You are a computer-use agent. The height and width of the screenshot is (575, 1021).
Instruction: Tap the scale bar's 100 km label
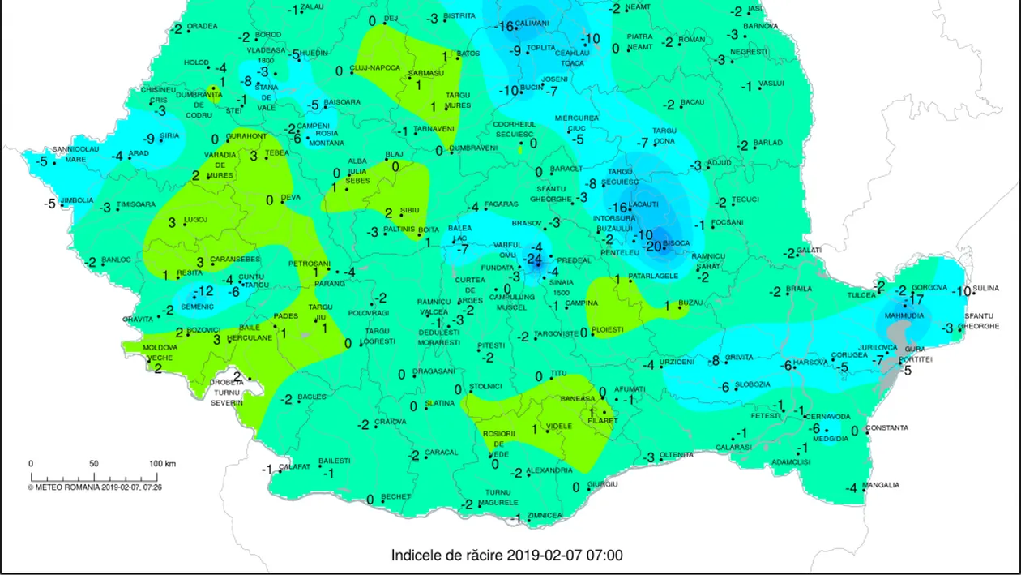click(x=162, y=463)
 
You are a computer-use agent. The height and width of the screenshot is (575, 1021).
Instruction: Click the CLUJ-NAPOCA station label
click(x=374, y=68)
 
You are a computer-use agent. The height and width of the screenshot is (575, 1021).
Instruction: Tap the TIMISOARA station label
click(x=136, y=204)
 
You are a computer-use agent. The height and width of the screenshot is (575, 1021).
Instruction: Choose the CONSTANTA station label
click(x=886, y=427)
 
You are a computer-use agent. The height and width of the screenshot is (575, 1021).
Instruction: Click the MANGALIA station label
click(x=880, y=485)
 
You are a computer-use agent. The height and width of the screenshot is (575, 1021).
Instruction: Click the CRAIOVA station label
click(x=390, y=422)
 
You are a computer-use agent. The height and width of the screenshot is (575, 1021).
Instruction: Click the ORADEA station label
click(x=202, y=26)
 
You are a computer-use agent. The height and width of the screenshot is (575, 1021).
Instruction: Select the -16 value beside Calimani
click(x=504, y=27)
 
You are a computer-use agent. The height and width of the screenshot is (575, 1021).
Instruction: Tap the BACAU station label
click(x=692, y=102)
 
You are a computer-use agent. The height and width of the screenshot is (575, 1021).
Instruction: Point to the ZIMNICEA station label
click(x=544, y=515)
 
